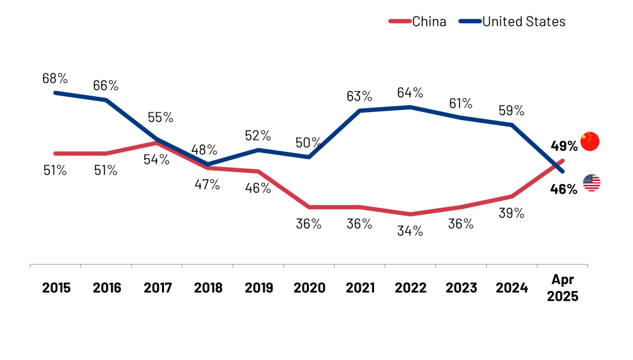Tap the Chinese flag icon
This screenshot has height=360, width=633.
[x=589, y=142]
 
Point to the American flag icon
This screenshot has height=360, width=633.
[x=592, y=183]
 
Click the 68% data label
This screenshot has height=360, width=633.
[x=55, y=78]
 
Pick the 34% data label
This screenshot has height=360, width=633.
[x=410, y=231]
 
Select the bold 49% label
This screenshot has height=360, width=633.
[x=563, y=146]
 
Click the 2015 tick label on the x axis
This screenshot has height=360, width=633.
[x=56, y=288]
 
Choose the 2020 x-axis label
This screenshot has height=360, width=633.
[x=310, y=288]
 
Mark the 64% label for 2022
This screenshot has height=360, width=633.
[x=410, y=92]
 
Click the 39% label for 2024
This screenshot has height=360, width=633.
[x=511, y=213]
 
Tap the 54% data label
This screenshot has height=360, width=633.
[x=156, y=159]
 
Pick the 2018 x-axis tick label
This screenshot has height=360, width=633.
[x=208, y=288]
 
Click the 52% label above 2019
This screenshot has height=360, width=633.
[x=258, y=135]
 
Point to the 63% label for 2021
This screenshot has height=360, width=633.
[x=359, y=96]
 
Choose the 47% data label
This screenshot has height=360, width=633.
[x=207, y=184]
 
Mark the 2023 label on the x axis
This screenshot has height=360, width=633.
[x=461, y=288]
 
